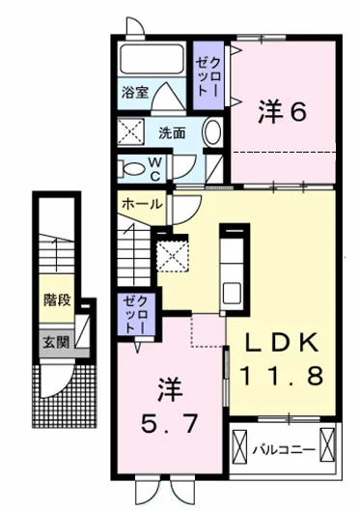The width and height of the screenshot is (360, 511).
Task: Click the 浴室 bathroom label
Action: coord(134,93)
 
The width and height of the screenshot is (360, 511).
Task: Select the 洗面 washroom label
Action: coord(173,132)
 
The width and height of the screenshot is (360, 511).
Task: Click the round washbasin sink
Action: coord(212,132)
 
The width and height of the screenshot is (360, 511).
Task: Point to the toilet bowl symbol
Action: coord(128,168)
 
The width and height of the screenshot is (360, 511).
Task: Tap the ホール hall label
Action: coord(142,204)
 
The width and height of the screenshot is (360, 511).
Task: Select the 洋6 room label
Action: coord(282,111)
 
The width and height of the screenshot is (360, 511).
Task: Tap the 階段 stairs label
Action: coord(56,300)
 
